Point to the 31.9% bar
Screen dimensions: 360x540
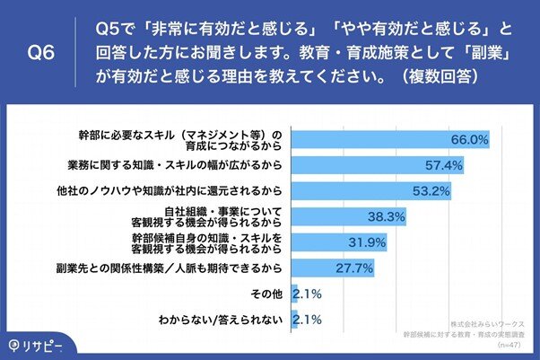[332, 241]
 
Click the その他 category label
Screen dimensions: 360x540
[270, 294]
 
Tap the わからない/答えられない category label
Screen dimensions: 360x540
[238, 319]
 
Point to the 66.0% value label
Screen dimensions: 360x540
[468, 139]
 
